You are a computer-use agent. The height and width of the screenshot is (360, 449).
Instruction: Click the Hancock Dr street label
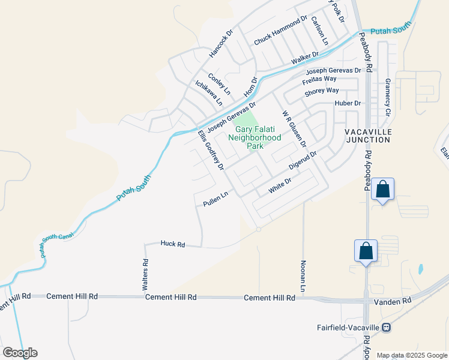tap(220, 44)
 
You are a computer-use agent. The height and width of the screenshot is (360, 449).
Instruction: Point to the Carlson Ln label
tap(319, 31)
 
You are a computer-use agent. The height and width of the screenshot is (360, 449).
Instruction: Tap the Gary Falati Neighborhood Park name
tap(258, 137)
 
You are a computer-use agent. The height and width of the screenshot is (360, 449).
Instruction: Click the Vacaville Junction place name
tap(368, 135)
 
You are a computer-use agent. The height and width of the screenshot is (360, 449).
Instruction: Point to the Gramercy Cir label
tap(388, 97)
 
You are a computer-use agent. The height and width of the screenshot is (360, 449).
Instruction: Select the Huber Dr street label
tap(348, 103)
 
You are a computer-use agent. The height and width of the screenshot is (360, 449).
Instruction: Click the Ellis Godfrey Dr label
tap(211, 149)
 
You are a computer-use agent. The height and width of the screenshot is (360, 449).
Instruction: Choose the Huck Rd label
tap(173, 244)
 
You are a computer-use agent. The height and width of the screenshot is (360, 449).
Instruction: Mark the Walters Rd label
tap(145, 275)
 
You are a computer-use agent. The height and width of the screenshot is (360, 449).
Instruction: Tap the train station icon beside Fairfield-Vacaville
tap(387, 328)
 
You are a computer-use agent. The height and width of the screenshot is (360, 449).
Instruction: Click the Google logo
tap(20, 353)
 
